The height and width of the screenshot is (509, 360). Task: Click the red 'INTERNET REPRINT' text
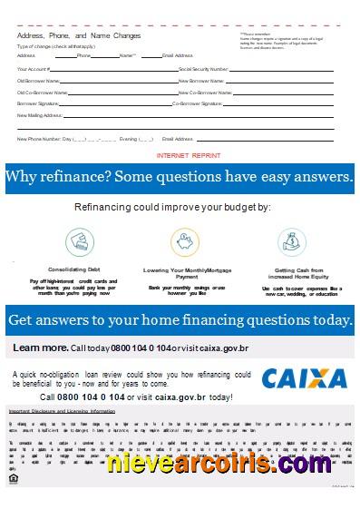pyautogui.click(x=183, y=156)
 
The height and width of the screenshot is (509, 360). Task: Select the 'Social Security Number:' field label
pyautogui.click(x=204, y=68)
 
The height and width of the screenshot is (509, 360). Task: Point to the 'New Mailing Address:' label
pyautogui.click(x=40, y=116)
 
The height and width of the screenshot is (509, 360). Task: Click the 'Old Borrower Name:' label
pyautogui.click(x=37, y=81)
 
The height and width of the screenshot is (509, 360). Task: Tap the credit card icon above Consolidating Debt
pyautogui.click(x=78, y=242)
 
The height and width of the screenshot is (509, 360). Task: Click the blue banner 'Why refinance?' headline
pyautogui.click(x=180, y=177)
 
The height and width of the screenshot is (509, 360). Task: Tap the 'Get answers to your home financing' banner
pyautogui.click(x=180, y=320)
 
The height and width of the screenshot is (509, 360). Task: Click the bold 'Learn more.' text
pyautogui.click(x=40, y=348)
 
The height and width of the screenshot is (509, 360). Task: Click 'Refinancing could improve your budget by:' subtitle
pyautogui.click(x=180, y=208)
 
